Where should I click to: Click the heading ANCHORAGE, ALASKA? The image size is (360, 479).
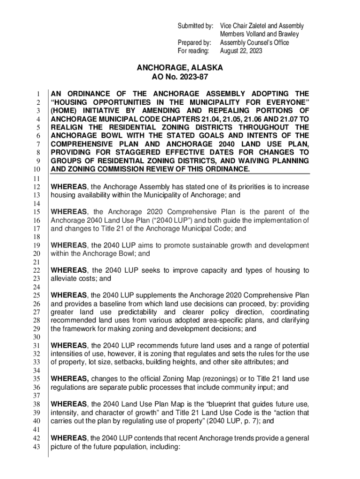click(x=180, y=68)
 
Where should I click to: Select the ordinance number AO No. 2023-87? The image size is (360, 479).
click(x=180, y=77)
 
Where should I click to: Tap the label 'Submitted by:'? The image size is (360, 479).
click(x=195, y=26)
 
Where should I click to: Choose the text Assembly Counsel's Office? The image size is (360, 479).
click(x=254, y=43)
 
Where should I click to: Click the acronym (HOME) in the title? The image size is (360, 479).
click(x=64, y=110)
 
